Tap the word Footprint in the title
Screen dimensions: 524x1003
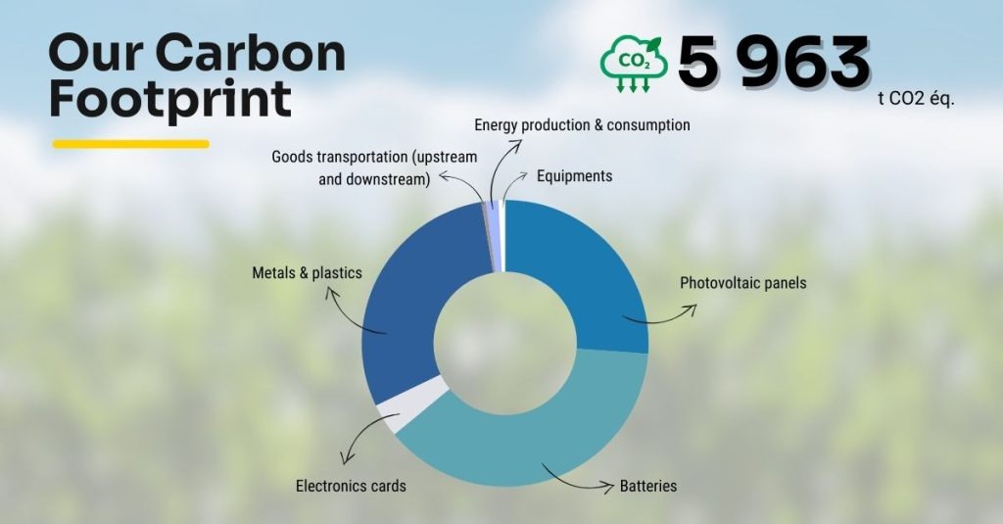(170, 100)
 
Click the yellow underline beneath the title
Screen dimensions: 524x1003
(130, 144)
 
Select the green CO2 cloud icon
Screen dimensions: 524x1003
(633, 64)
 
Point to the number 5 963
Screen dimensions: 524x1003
(773, 64)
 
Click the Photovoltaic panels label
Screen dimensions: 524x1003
(743, 283)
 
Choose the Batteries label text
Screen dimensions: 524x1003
(647, 486)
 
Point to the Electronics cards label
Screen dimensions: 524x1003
(351, 486)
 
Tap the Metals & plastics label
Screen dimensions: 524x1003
(307, 272)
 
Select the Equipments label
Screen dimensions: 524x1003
(574, 176)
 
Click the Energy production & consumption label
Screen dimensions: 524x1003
(582, 125)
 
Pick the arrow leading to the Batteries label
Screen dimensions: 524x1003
(578, 477)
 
